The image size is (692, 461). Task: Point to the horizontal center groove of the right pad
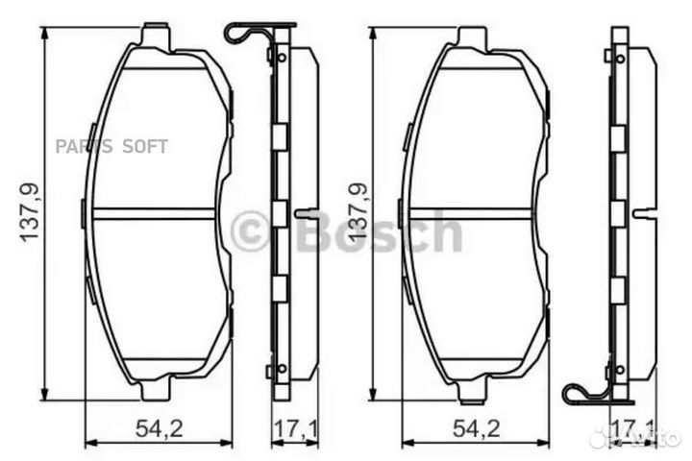pyautogui.click(x=471, y=212)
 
